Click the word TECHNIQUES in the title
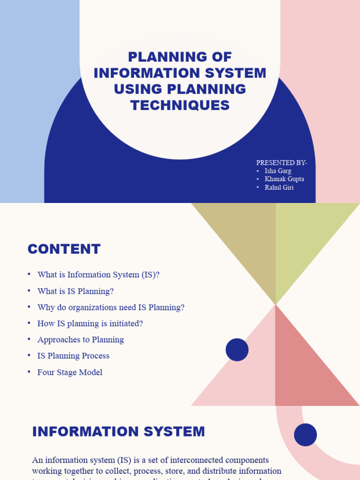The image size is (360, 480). point(180,105)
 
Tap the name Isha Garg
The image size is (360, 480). point(277,171)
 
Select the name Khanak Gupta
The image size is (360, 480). point(284,180)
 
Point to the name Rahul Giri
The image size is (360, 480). point(279,188)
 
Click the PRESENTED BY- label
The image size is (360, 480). point(281,163)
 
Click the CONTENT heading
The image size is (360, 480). point(64,249)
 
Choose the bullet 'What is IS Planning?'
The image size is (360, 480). point(75,291)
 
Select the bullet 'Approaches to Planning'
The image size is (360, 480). point(81,340)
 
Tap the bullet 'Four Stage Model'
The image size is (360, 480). point(70,372)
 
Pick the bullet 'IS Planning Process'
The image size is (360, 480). point(73,356)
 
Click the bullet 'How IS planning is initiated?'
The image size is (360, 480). point(90,323)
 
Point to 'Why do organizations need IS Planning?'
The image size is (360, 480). point(111,307)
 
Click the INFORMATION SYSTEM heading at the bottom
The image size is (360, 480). point(119,432)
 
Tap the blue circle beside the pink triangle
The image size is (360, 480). point(237,350)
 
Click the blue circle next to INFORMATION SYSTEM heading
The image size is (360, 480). point(306,435)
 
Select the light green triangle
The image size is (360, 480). point(309,234)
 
